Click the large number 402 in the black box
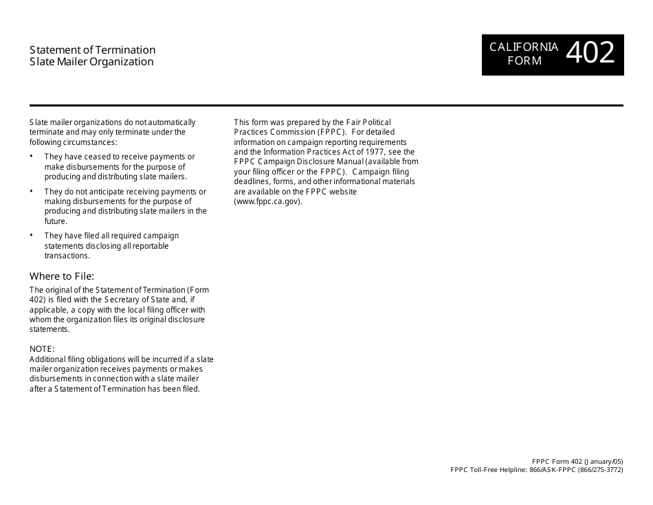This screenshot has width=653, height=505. [591, 54]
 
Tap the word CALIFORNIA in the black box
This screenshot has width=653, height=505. [524, 47]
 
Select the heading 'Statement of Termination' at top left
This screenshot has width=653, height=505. [92, 50]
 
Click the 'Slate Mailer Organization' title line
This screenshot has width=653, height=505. [91, 62]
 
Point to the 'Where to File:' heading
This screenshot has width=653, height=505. [62, 276]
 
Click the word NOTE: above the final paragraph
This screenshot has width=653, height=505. [42, 349]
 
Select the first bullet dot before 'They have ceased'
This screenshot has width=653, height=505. [32, 157]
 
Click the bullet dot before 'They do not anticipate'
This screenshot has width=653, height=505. [32, 191]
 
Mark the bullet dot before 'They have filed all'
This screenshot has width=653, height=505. [32, 235]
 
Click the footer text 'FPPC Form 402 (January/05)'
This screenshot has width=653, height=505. [577, 461]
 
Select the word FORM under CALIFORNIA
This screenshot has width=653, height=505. [524, 60]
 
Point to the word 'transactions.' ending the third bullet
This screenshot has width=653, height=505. [67, 256]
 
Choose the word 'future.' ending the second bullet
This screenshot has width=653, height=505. [56, 221]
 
